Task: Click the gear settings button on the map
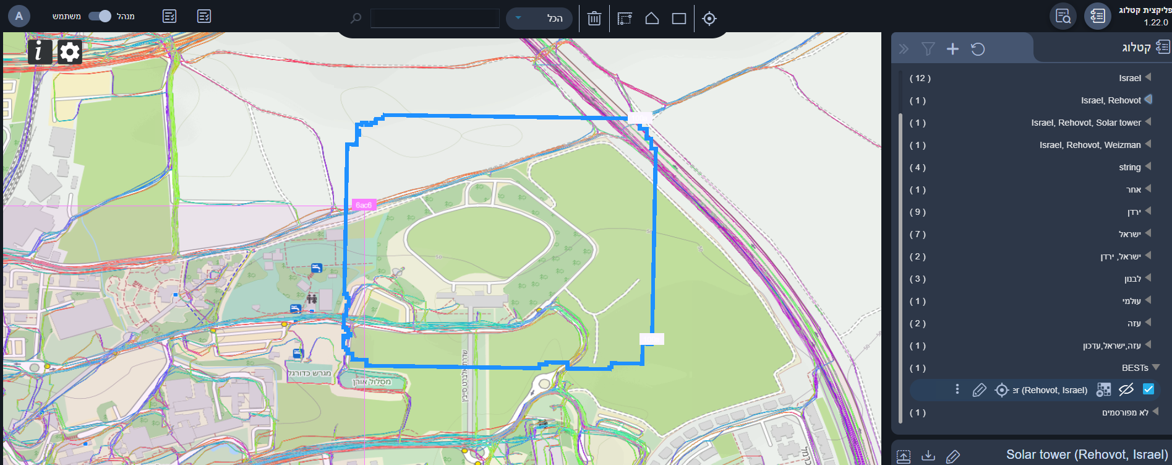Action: click(x=70, y=52)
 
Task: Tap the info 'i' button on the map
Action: click(x=40, y=52)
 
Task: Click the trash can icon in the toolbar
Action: click(x=594, y=19)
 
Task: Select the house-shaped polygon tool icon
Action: click(x=652, y=19)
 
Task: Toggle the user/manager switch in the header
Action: click(x=100, y=16)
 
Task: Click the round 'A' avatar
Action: click(x=19, y=16)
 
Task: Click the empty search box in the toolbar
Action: click(x=435, y=19)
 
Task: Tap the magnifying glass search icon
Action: click(x=356, y=19)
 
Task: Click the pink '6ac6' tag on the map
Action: click(x=364, y=205)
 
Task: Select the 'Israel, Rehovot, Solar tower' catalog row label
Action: click(x=1085, y=123)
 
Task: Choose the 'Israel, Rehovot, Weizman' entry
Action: click(x=1090, y=145)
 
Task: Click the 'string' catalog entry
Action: click(x=1129, y=167)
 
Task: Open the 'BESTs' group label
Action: click(x=1135, y=368)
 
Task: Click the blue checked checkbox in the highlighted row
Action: click(x=1148, y=389)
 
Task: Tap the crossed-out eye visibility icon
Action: click(x=1126, y=389)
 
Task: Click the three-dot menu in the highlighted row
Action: click(x=957, y=389)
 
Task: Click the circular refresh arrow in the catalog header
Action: click(x=978, y=49)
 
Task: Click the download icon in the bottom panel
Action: click(x=928, y=456)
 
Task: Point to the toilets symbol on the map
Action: click(x=312, y=299)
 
